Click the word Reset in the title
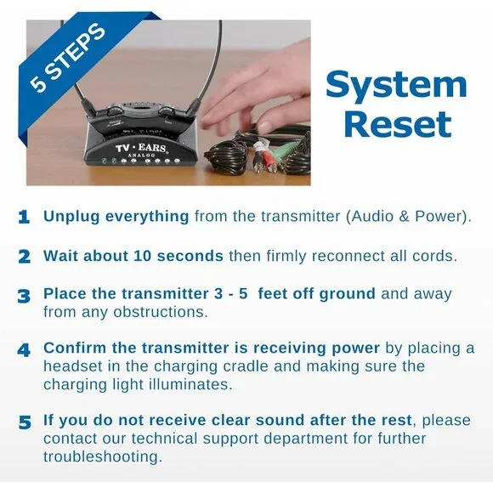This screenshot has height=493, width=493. [398, 124]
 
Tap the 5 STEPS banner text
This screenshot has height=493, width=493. [67, 59]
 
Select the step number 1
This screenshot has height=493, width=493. [24, 218]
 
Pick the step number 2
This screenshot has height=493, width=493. [24, 257]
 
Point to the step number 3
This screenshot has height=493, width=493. [24, 296]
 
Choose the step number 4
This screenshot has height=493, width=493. [24, 350]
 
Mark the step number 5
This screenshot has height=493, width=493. [25, 422]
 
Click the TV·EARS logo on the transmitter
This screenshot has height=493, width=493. [140, 147]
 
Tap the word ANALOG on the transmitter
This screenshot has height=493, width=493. [141, 155]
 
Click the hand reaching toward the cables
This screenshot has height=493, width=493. [258, 94]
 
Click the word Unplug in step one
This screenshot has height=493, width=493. [71, 217]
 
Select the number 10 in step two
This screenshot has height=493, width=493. [143, 256]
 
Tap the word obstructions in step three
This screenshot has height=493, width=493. [161, 312]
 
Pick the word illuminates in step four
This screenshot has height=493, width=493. [190, 384]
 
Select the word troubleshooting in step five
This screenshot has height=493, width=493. [103, 456]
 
